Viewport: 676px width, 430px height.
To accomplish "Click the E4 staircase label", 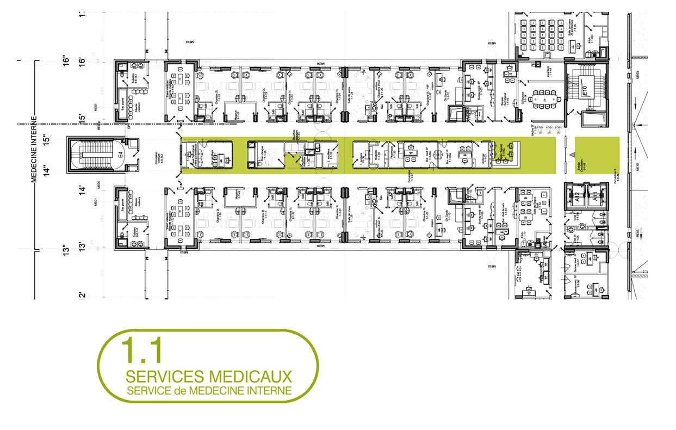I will tap(121, 156).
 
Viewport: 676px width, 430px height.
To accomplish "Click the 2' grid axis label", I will tap(82, 296).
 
